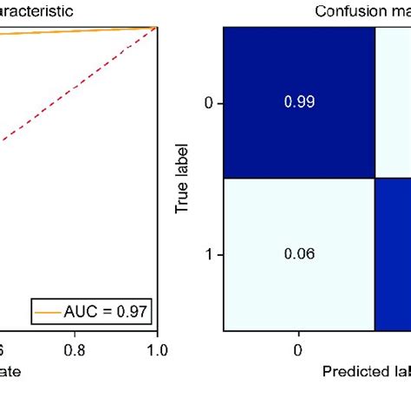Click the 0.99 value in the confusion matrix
(x=298, y=102)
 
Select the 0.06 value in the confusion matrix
(x=298, y=254)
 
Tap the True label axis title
(x=183, y=179)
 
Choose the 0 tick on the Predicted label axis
(x=298, y=350)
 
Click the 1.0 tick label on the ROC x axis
(x=156, y=350)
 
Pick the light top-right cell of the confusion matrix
(x=392, y=102)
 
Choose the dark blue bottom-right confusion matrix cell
(x=392, y=254)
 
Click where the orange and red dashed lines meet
(x=156, y=28)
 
